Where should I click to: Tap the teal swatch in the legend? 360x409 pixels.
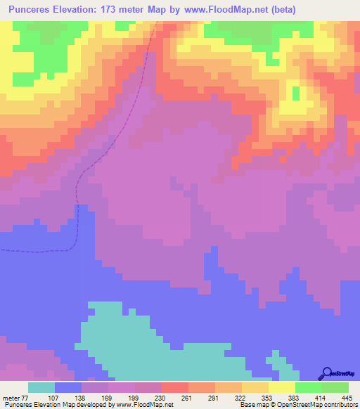point(41,388)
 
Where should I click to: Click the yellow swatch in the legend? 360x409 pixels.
point(282,388)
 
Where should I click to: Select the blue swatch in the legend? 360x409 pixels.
point(68,388)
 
